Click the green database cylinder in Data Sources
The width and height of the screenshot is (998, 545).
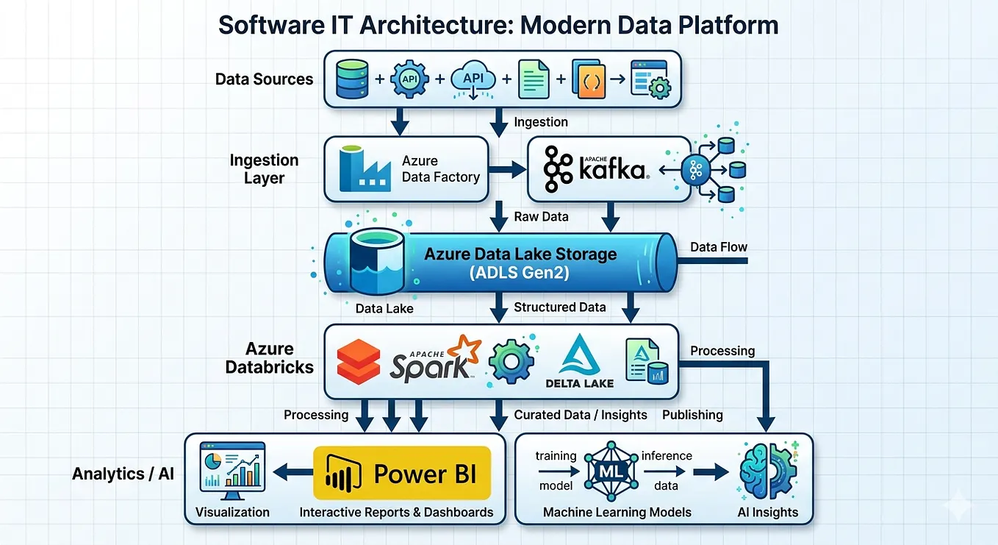[352, 79]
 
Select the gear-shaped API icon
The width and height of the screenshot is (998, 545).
[409, 79]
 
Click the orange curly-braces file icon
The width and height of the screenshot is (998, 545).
[589, 79]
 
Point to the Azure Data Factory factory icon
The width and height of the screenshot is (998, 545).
[365, 168]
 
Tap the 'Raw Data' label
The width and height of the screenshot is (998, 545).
[542, 217]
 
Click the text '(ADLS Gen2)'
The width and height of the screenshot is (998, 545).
[520, 272]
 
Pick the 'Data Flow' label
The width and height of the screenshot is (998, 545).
[719, 247]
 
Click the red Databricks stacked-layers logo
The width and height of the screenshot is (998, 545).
[358, 362]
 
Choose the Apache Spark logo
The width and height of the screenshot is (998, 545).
[435, 359]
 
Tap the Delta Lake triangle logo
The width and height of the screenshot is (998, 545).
[579, 355]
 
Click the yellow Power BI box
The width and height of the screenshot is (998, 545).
[402, 473]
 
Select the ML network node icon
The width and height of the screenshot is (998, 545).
[611, 471]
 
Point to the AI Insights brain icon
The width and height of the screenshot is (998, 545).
[768, 470]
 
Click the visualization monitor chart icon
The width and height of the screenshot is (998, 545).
[232, 471]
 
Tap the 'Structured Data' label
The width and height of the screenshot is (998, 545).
[559, 307]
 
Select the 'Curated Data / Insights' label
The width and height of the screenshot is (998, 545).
[580, 415]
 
